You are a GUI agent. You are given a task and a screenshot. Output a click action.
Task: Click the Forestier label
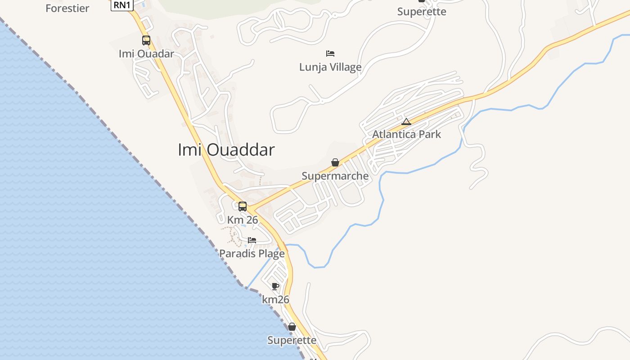click(67, 8)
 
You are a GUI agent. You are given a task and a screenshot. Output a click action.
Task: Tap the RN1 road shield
click(122, 5)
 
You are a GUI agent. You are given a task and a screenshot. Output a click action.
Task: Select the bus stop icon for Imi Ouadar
click(146, 40)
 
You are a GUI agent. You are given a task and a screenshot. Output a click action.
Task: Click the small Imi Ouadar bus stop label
click(146, 54)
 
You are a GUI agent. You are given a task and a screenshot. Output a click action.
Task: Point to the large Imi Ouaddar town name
click(226, 150)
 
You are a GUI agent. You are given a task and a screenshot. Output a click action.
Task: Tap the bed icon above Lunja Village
click(330, 54)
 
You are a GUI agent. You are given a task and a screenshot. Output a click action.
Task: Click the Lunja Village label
click(330, 67)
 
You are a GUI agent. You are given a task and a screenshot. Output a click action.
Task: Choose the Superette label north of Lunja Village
click(422, 12)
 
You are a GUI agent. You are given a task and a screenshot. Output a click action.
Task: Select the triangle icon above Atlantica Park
click(406, 121)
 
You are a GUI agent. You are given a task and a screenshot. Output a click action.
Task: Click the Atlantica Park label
click(406, 134)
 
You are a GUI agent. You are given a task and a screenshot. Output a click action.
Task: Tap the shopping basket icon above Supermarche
click(335, 162)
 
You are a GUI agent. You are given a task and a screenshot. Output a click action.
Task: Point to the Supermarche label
click(335, 176)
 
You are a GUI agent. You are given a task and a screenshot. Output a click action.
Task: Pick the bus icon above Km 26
click(243, 207)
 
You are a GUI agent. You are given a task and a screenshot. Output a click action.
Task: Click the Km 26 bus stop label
click(243, 220)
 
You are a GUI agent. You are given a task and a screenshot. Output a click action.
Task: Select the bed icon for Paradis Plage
click(252, 240)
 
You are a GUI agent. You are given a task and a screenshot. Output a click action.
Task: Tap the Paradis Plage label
click(252, 254)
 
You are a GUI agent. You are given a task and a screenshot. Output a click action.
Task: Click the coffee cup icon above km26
click(275, 286)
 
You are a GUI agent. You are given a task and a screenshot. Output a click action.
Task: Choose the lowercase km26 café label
click(275, 300)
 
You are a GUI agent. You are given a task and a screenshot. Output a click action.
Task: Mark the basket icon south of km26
click(292, 327)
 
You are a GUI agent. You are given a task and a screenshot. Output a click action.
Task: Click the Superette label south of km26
click(292, 340)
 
